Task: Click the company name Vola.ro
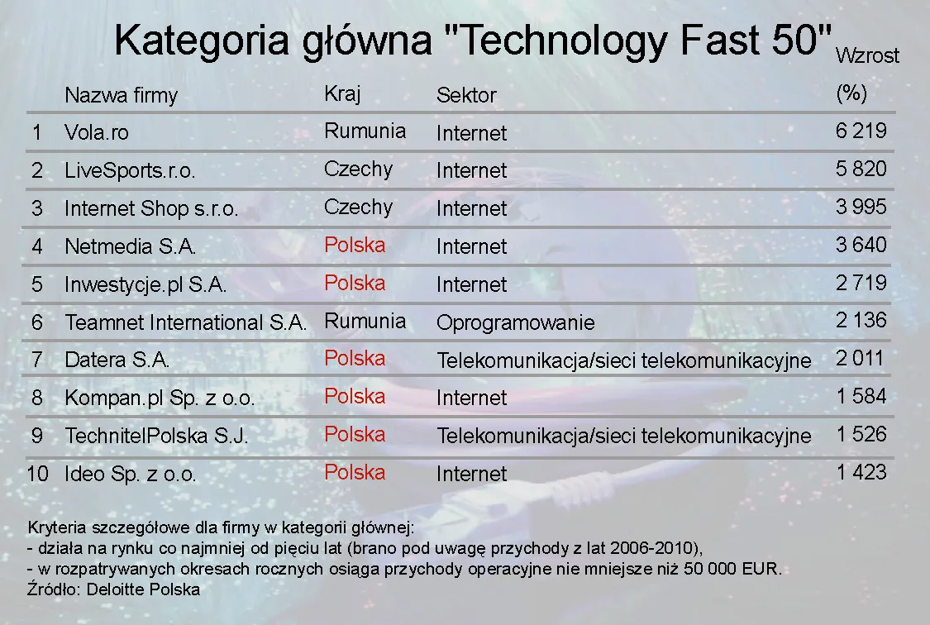point(97,132)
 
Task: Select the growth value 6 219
point(861,131)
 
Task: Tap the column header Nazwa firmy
point(121,95)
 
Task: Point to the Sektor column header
point(466,95)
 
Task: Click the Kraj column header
point(342,93)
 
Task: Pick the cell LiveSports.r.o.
point(130,171)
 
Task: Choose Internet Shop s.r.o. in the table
point(151,209)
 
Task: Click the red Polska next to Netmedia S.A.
point(355,246)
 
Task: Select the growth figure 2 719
point(861,283)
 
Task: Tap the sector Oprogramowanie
point(515,322)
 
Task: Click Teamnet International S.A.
point(186,322)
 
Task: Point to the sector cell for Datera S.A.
point(623,360)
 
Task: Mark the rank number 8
point(36,398)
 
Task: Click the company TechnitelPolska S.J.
point(156,436)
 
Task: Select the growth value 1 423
point(861,472)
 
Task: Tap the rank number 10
point(38,475)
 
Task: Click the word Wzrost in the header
point(867,56)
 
